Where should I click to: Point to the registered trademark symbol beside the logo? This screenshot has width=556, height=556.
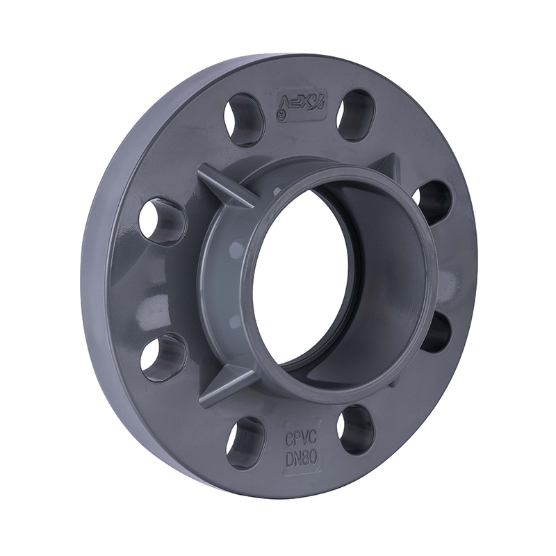[x=280, y=117]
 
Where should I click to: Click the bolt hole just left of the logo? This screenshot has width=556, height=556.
[x=245, y=119]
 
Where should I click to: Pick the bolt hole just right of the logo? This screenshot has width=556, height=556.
[x=356, y=115]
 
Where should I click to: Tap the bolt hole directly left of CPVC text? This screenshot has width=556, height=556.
[x=245, y=443]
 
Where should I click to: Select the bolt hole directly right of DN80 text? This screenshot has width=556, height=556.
[x=357, y=429]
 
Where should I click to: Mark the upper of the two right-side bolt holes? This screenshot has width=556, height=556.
[x=434, y=203]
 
